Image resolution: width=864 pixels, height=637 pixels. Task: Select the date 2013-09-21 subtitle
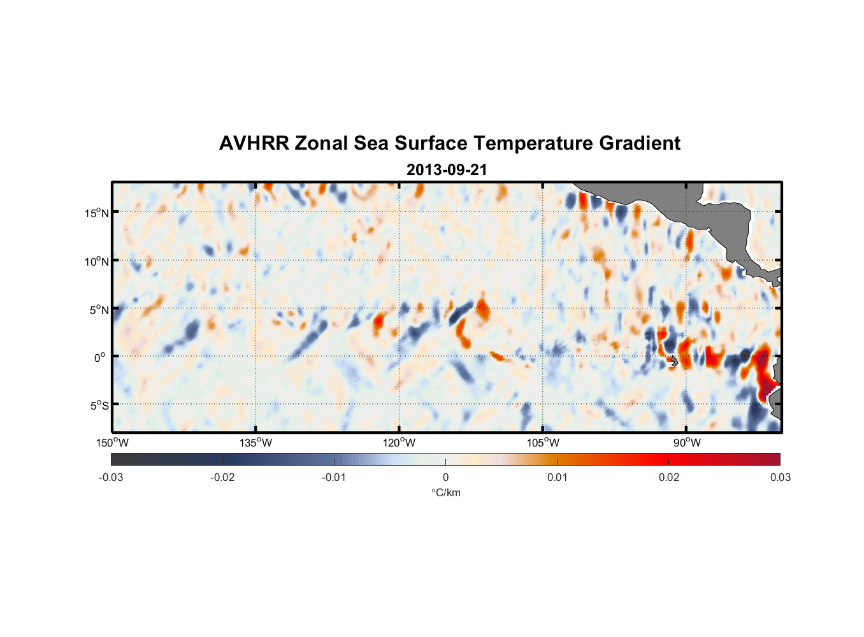[x=447, y=170]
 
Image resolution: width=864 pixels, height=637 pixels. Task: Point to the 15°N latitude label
[x=96, y=213]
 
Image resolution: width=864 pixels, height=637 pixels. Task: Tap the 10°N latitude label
[x=96, y=261]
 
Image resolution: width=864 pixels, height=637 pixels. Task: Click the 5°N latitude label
[x=98, y=310]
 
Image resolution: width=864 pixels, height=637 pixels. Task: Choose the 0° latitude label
[x=100, y=357]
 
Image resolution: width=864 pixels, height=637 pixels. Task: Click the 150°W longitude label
[x=112, y=443]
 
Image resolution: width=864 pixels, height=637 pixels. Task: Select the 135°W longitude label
[x=256, y=443]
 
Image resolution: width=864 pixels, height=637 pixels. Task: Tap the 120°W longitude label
[x=400, y=443]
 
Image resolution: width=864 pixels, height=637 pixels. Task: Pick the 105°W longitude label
[x=543, y=443]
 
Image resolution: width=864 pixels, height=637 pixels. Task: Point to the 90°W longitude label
[x=687, y=443]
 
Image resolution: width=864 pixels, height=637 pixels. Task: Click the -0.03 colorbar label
[x=111, y=478]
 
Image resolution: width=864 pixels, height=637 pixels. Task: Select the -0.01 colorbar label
[x=334, y=478]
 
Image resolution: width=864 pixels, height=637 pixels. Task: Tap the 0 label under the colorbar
[x=445, y=478]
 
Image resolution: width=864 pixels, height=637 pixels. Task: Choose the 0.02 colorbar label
[x=669, y=478]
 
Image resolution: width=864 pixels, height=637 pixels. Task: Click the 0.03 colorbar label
[x=780, y=478]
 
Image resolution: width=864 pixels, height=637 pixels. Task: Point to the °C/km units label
[x=445, y=492]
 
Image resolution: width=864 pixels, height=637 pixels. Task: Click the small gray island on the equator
[x=675, y=361]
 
